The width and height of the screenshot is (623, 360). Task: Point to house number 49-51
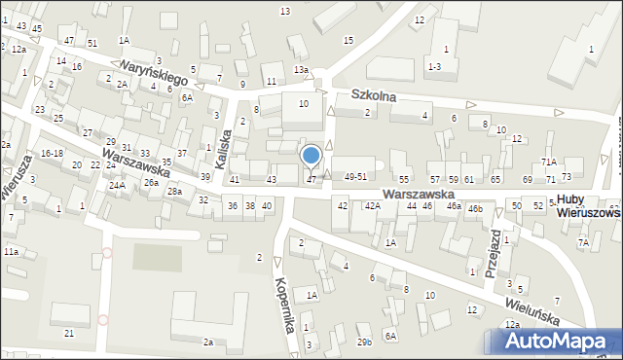point(354,176)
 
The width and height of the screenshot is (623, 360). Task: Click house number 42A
point(372,206)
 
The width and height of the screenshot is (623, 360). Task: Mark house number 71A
point(549,162)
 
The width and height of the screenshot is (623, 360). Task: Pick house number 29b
point(364,342)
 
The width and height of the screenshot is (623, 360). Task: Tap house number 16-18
point(52,154)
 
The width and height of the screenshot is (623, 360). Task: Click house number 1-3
point(434,65)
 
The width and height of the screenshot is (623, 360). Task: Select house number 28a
point(173,192)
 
